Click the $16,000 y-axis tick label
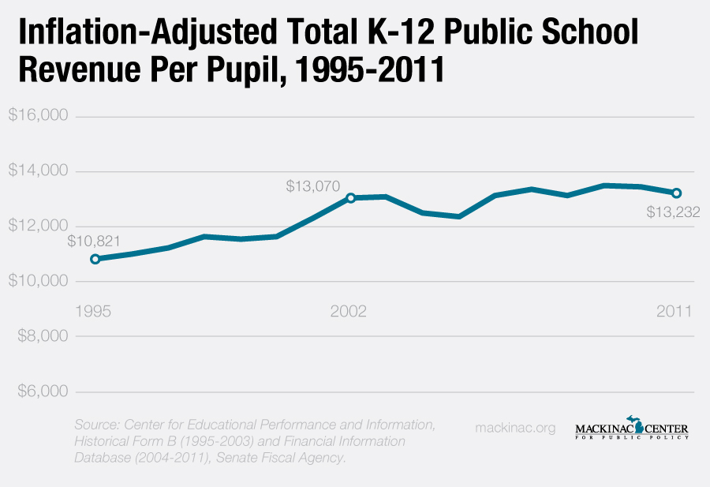(x=38, y=116)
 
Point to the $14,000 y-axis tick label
(x=38, y=171)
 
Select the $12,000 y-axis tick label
(x=38, y=227)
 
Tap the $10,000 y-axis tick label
(x=38, y=282)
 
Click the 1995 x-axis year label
(x=93, y=311)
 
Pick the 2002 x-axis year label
(x=349, y=311)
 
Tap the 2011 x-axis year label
(x=675, y=311)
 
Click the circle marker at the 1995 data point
(x=95, y=259)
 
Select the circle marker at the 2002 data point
(x=350, y=197)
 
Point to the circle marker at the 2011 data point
(x=676, y=193)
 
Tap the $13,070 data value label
(x=313, y=187)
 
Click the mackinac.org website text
(x=515, y=428)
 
